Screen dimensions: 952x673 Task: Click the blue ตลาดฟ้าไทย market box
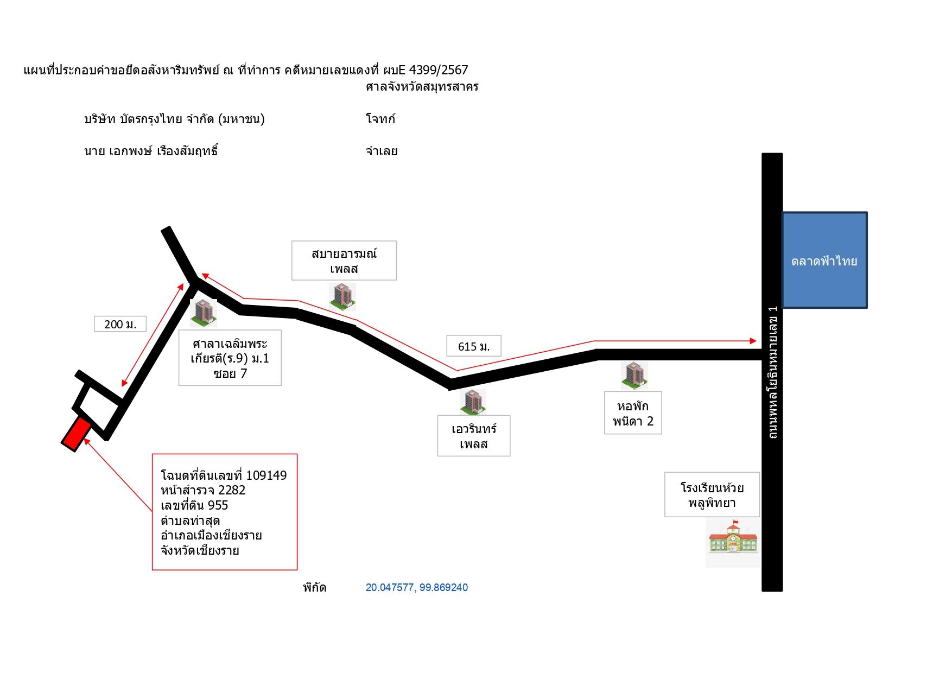pyautogui.click(x=824, y=261)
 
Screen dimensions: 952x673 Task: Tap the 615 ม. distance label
pyautogui.click(x=474, y=346)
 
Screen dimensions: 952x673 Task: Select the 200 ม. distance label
pyautogui.click(x=120, y=324)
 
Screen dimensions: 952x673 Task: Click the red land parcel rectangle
pyautogui.click(x=77, y=433)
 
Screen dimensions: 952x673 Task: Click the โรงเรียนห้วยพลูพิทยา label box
pyautogui.click(x=712, y=494)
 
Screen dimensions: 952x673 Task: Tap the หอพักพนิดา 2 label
pyautogui.click(x=633, y=413)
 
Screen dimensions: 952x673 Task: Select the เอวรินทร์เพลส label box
pyautogui.click(x=474, y=436)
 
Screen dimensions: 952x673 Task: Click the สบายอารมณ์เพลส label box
pyautogui.click(x=344, y=261)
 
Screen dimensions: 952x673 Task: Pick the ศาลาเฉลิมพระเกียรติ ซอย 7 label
pyautogui.click(x=230, y=358)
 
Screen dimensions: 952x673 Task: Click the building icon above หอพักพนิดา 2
pyautogui.click(x=634, y=376)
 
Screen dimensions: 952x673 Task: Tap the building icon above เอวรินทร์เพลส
pyautogui.click(x=473, y=402)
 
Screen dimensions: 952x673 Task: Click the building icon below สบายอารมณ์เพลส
pyautogui.click(x=342, y=296)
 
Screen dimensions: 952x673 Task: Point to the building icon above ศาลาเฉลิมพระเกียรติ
pyautogui.click(x=204, y=313)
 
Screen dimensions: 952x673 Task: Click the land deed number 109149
pyautogui.click(x=266, y=475)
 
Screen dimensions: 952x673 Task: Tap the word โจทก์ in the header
pyautogui.click(x=380, y=119)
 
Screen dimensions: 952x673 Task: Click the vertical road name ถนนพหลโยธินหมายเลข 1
pyautogui.click(x=773, y=372)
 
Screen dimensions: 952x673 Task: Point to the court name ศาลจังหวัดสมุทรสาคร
pyautogui.click(x=422, y=87)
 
